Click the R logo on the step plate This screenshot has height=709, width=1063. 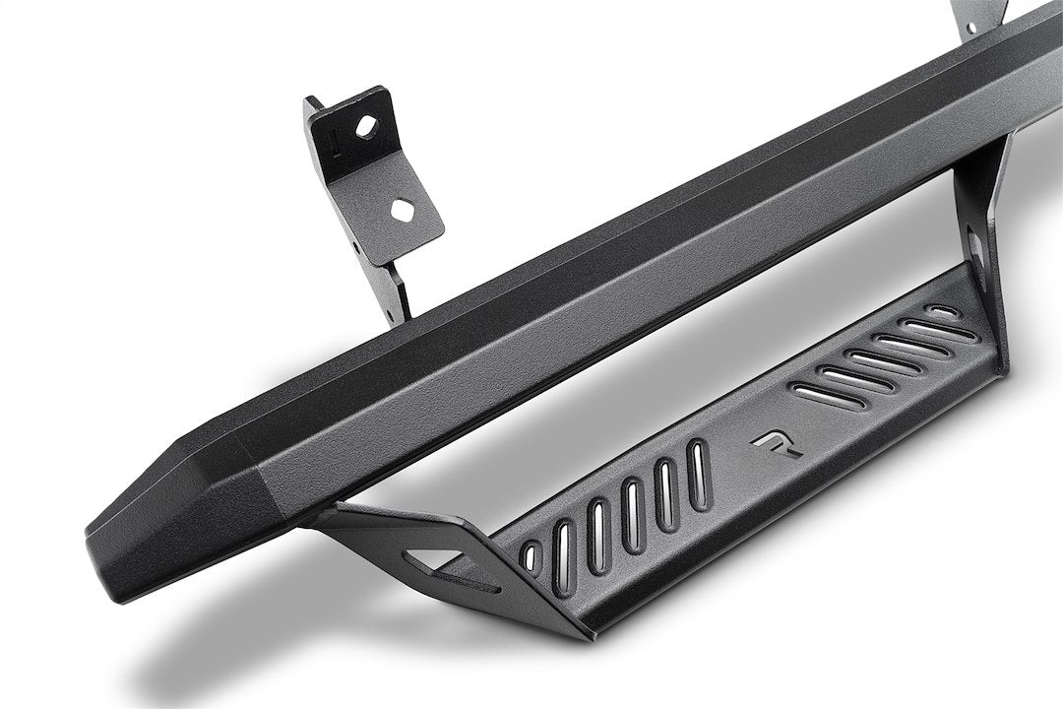pyautogui.click(x=778, y=444)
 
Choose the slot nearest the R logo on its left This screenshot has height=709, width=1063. pyautogui.click(x=698, y=475)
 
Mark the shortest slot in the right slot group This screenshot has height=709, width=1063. pyautogui.click(x=943, y=312)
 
